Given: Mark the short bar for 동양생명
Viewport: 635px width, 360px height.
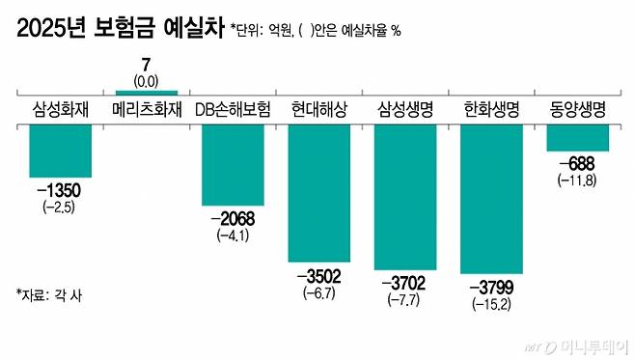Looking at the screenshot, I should (x=576, y=138).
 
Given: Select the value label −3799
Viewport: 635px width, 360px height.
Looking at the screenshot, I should (x=491, y=287).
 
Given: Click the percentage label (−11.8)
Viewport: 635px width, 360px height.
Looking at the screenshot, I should (x=576, y=180).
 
